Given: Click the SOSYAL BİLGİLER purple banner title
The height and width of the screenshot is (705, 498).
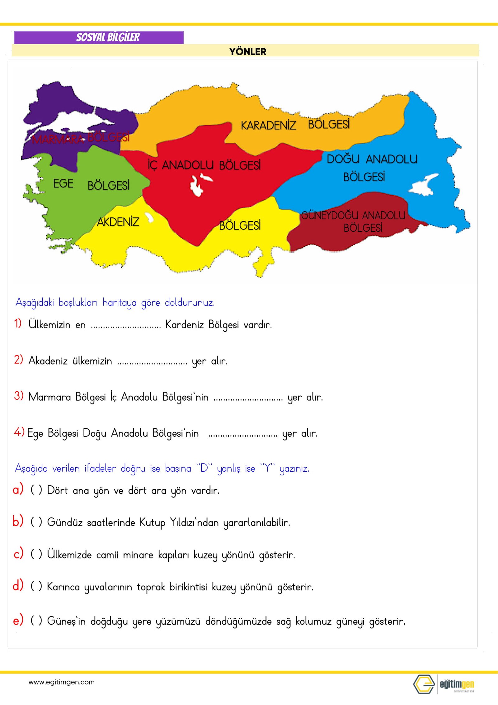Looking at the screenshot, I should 108,37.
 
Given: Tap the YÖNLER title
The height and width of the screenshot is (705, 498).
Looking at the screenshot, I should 248,51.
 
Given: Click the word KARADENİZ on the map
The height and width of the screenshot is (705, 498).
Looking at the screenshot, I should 268,125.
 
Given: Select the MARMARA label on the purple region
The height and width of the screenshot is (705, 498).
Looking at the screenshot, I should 58,139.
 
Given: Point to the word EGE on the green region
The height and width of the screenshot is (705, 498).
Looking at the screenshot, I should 63,183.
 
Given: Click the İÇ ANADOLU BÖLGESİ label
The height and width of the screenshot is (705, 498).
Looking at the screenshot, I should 204,165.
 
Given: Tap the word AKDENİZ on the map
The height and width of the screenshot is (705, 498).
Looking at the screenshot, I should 118,222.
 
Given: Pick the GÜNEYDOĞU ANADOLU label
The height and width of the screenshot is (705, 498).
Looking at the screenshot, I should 353,215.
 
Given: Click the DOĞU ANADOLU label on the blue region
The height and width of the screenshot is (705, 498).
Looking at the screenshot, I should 372,159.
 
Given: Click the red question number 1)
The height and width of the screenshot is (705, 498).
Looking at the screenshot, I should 18,323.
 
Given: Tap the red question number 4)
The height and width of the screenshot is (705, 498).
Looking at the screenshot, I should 19,432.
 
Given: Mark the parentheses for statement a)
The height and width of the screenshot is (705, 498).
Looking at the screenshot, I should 36,490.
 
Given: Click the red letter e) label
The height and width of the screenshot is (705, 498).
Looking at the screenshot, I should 18,620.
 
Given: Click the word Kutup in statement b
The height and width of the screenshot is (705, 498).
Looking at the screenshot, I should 152,522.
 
